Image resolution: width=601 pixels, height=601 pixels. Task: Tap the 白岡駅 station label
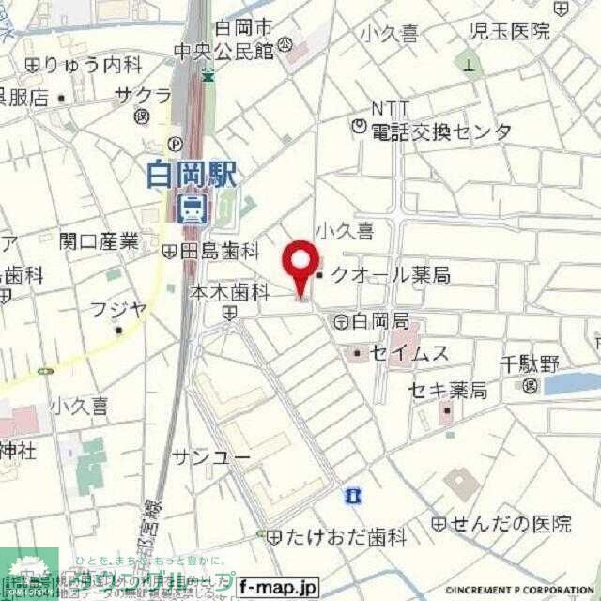(193, 176)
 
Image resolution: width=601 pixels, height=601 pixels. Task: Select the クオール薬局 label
(390, 275)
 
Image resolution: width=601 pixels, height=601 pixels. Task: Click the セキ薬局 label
(446, 390)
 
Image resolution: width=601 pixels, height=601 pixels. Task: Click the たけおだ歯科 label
(345, 538)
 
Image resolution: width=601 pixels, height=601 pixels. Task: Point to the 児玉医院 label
(510, 31)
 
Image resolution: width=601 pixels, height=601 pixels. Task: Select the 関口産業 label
(98, 241)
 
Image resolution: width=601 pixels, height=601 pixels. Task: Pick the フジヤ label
(117, 309)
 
